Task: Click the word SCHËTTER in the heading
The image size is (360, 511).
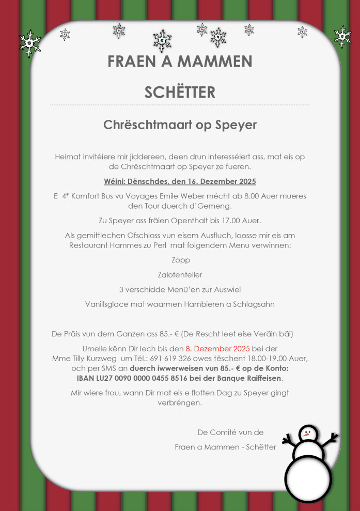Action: [180, 92]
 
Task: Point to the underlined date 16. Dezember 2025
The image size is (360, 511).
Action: [218, 181]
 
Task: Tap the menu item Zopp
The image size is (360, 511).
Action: [180, 260]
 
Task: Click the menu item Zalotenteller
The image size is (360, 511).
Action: [180, 275]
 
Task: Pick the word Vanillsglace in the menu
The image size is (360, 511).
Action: [107, 304]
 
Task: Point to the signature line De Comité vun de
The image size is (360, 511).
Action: [230, 432]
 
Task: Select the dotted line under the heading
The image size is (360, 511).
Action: [180, 105]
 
